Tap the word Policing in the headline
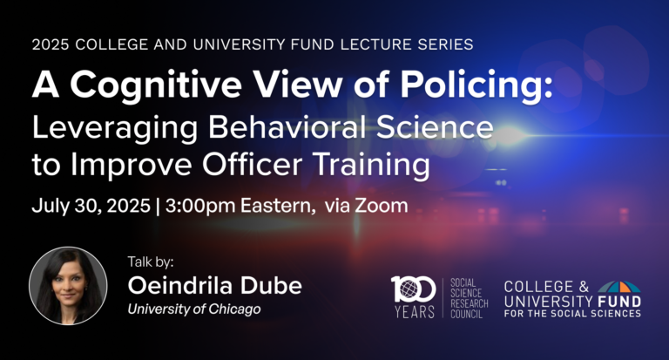(x=476, y=85)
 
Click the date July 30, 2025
(x=91, y=206)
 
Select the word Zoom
(x=382, y=206)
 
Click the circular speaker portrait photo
(x=68, y=286)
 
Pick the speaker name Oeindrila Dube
(x=214, y=285)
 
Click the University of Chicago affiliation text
(x=194, y=309)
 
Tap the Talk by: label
(x=151, y=262)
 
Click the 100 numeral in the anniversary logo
(x=413, y=289)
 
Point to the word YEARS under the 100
(x=414, y=312)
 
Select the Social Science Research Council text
(x=470, y=298)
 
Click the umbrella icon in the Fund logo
(x=619, y=287)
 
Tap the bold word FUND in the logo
(x=619, y=302)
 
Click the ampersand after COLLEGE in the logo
(x=584, y=287)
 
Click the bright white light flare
(x=508, y=135)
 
